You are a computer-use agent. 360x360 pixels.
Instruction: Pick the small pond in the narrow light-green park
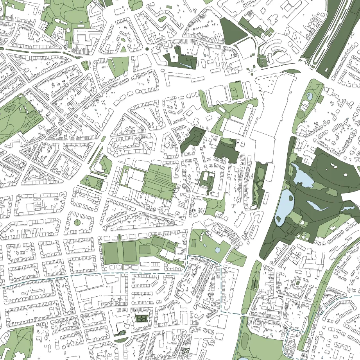coord(310,96)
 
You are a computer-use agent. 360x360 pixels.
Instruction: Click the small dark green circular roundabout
coord(147,49)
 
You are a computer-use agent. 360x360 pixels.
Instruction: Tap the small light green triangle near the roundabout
coord(123,49)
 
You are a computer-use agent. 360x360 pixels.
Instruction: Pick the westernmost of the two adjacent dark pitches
coord(113,253)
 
